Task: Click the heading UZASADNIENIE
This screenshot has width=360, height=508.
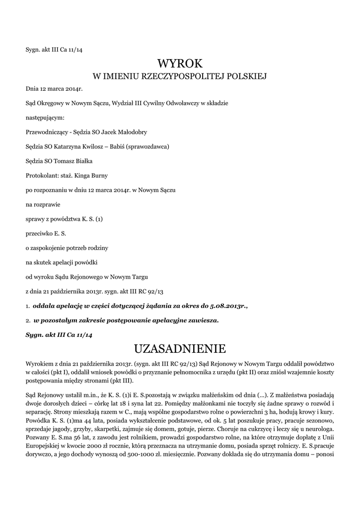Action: pos(180,348)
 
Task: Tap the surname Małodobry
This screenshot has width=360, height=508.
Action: pos(131,132)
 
